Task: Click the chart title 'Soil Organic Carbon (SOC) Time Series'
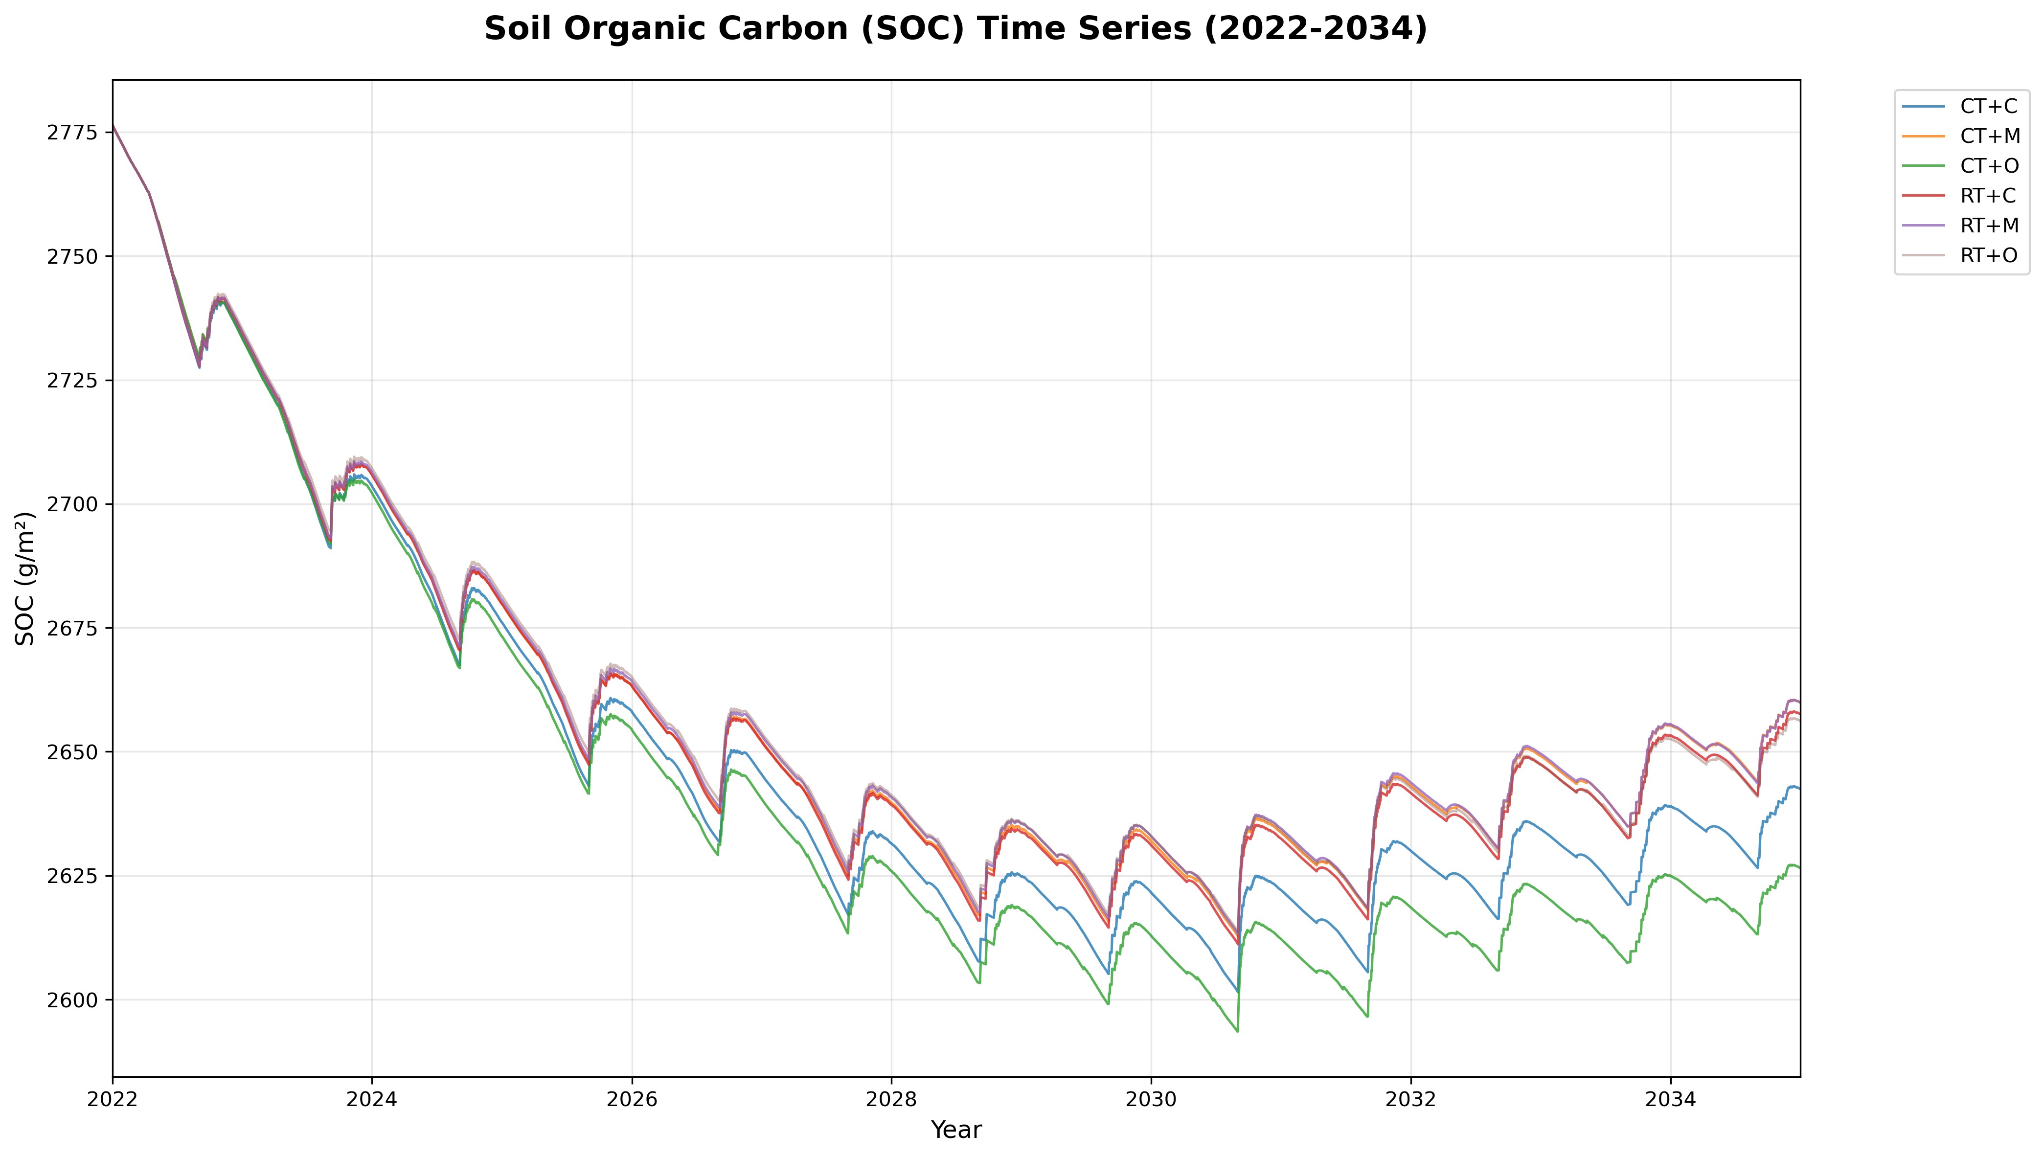(955, 29)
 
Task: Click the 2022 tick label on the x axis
(113, 1101)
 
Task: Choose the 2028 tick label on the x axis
(891, 1101)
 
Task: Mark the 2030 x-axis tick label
(1151, 1101)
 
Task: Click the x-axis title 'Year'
(955, 1130)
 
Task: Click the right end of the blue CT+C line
(1799, 788)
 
